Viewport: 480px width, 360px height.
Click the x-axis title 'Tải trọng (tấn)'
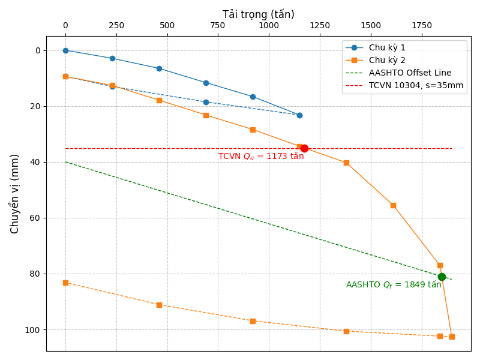coord(259,14)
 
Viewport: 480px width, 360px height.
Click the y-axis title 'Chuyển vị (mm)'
coord(15,194)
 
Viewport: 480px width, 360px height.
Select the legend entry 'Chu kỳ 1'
coord(387,47)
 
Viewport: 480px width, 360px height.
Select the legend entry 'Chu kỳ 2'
coord(387,60)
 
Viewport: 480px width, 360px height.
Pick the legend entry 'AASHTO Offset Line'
coord(410,73)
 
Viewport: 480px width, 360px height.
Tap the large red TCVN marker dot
coord(304,148)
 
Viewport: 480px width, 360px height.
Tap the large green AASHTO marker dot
coord(442,277)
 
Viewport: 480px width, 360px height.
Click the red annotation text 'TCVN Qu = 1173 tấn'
coord(261,157)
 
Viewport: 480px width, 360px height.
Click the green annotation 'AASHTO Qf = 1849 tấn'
coord(393,285)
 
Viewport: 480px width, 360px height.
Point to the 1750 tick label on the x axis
coord(421,26)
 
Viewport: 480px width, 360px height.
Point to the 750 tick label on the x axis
coord(218,26)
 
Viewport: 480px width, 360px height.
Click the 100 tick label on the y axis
coord(34,330)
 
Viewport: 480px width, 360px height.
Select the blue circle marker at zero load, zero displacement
coord(65,50)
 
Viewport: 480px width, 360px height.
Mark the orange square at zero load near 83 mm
coord(65,283)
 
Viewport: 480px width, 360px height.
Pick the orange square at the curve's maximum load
coord(452,337)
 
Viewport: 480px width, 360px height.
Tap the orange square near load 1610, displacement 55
coord(393,205)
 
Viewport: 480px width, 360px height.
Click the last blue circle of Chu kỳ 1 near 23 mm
coord(299,115)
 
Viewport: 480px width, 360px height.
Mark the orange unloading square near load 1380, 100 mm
coord(346,331)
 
